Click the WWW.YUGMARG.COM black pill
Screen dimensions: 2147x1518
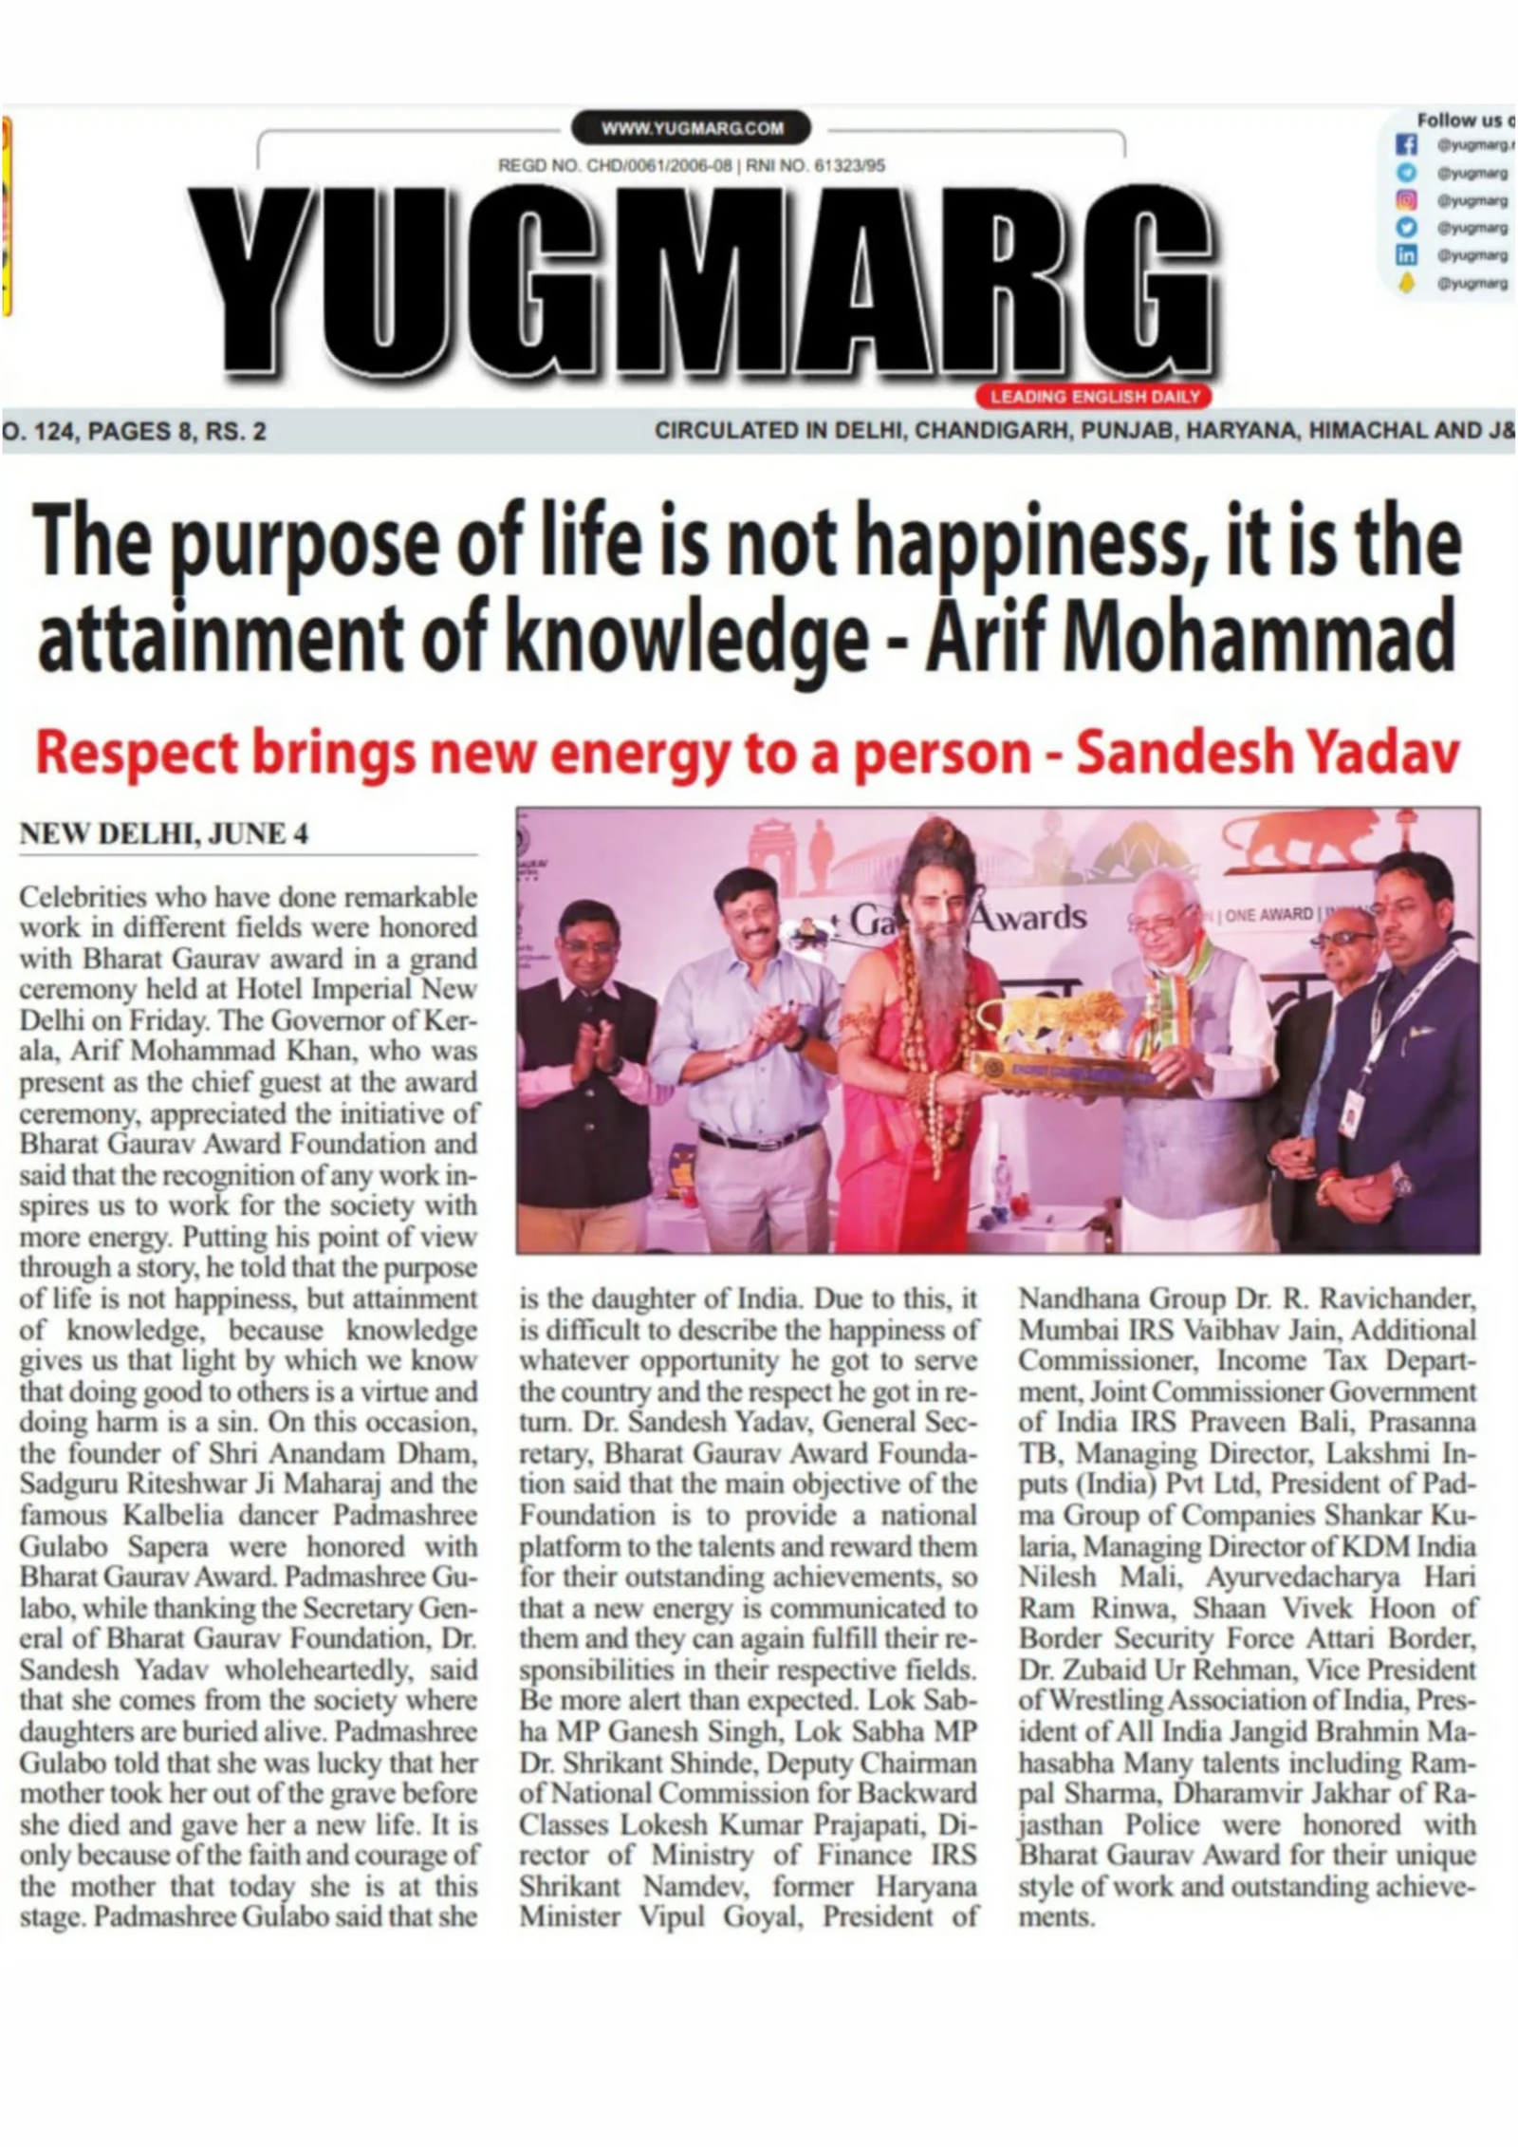click(692, 128)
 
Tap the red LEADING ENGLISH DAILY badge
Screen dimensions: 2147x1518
click(1094, 396)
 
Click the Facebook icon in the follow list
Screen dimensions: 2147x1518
click(1406, 145)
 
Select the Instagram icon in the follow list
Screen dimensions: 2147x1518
click(1406, 200)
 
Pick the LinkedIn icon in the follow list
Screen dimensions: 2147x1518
click(1406, 255)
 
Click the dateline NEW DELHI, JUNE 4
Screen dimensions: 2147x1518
click(163, 834)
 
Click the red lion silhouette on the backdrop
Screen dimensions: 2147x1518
click(1298, 840)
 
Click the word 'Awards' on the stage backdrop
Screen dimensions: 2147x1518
click(1031, 917)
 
